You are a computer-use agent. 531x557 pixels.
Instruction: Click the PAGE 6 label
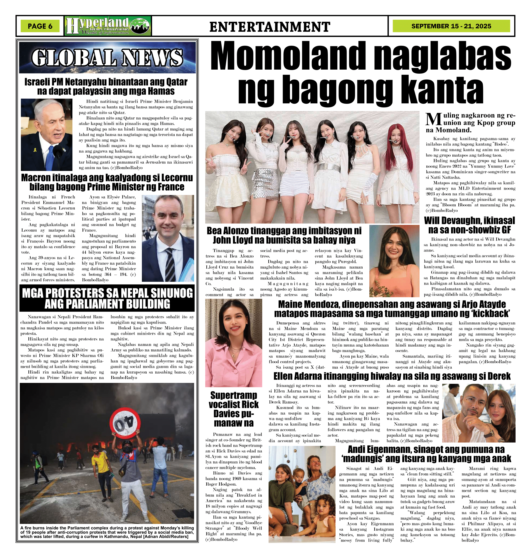click(40, 26)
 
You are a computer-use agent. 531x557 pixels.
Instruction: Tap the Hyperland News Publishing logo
click(108, 26)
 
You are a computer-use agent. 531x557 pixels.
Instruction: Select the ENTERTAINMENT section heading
click(270, 27)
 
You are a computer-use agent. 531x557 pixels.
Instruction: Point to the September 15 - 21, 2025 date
click(451, 26)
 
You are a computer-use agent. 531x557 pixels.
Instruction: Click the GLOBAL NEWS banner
click(107, 57)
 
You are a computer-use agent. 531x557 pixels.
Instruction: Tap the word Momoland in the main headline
click(287, 55)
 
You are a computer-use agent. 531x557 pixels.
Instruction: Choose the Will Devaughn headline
click(469, 225)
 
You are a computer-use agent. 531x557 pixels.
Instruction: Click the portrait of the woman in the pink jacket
click(234, 343)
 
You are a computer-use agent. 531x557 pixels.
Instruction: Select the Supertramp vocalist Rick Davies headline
click(234, 409)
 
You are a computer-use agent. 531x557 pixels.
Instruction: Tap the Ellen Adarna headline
click(392, 376)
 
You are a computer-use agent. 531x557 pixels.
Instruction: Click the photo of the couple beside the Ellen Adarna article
click(478, 413)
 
